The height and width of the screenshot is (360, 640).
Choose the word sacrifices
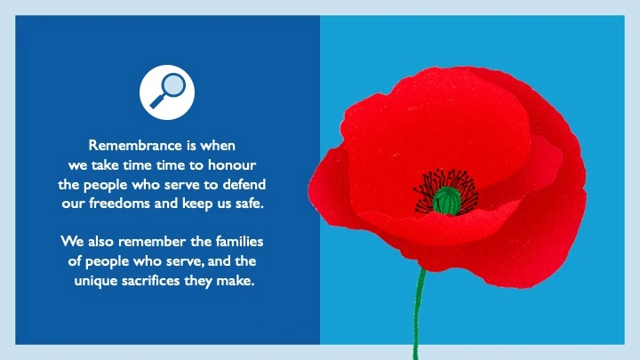point(160,281)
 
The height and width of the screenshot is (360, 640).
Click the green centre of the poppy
point(447,199)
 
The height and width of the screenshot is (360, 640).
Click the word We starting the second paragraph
point(72,242)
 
